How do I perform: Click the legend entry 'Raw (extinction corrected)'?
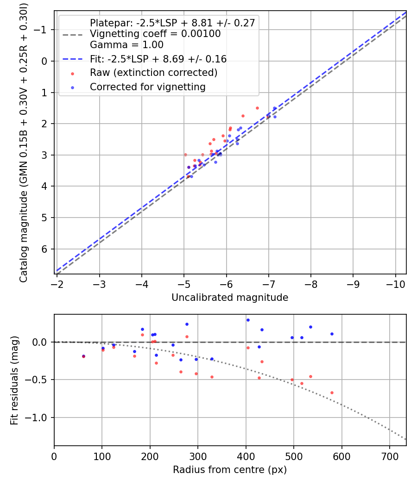tap(153, 73)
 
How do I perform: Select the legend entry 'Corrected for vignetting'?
tap(147, 87)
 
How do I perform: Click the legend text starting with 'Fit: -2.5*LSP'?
tap(158, 59)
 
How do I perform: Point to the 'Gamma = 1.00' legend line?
tap(126, 45)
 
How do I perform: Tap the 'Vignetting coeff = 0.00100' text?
tap(155, 34)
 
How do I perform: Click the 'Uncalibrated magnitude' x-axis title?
tap(230, 298)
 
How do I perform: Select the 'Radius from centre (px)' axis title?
tap(230, 470)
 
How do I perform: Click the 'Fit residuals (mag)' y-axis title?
tap(14, 380)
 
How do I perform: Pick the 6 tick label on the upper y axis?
tap(45, 249)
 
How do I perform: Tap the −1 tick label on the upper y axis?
tap(42, 30)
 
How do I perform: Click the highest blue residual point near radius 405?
tap(248, 320)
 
